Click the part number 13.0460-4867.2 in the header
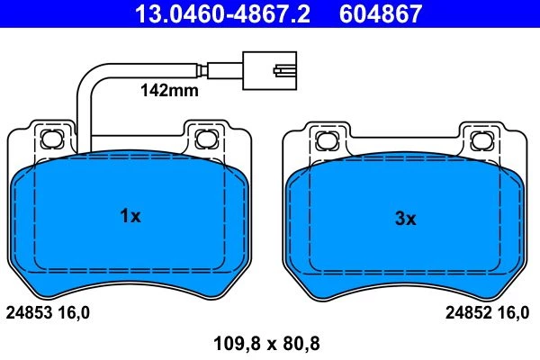pyautogui.click(x=222, y=13)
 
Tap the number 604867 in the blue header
pyautogui.click(x=381, y=13)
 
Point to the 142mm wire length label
pyautogui.click(x=169, y=91)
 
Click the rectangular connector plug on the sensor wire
pyautogui.click(x=269, y=70)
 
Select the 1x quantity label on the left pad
pyautogui.click(x=130, y=216)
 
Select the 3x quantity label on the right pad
pyautogui.click(x=405, y=218)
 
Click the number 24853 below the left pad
pyautogui.click(x=30, y=313)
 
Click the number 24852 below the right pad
pyautogui.click(x=468, y=313)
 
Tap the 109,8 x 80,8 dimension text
pyautogui.click(x=266, y=344)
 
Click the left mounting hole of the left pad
pyautogui.click(x=52, y=139)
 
